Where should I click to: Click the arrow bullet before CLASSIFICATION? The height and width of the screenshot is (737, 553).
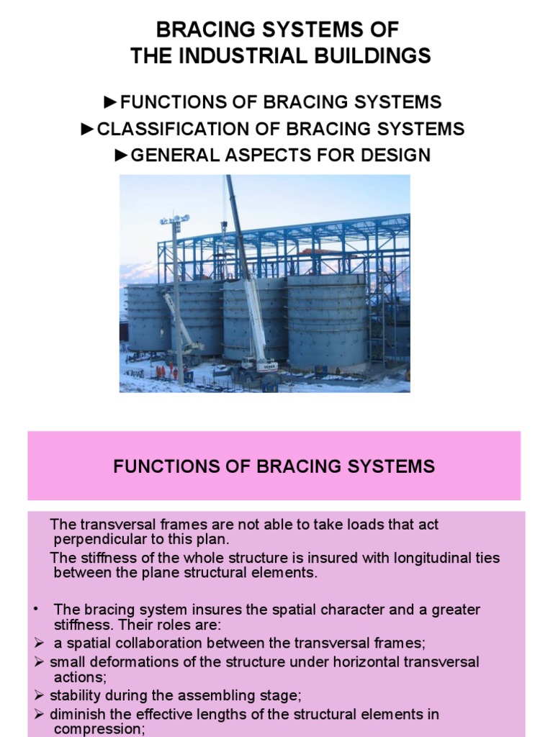point(87,130)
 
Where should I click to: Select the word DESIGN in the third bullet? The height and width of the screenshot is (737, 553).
point(398,155)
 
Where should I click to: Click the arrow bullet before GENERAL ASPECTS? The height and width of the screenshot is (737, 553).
point(122,155)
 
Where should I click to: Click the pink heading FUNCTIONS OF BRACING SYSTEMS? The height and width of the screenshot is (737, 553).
point(274,466)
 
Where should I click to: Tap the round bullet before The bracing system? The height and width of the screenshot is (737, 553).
point(35,609)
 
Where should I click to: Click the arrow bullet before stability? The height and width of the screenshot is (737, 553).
point(40,695)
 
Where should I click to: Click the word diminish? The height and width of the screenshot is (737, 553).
point(78,715)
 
